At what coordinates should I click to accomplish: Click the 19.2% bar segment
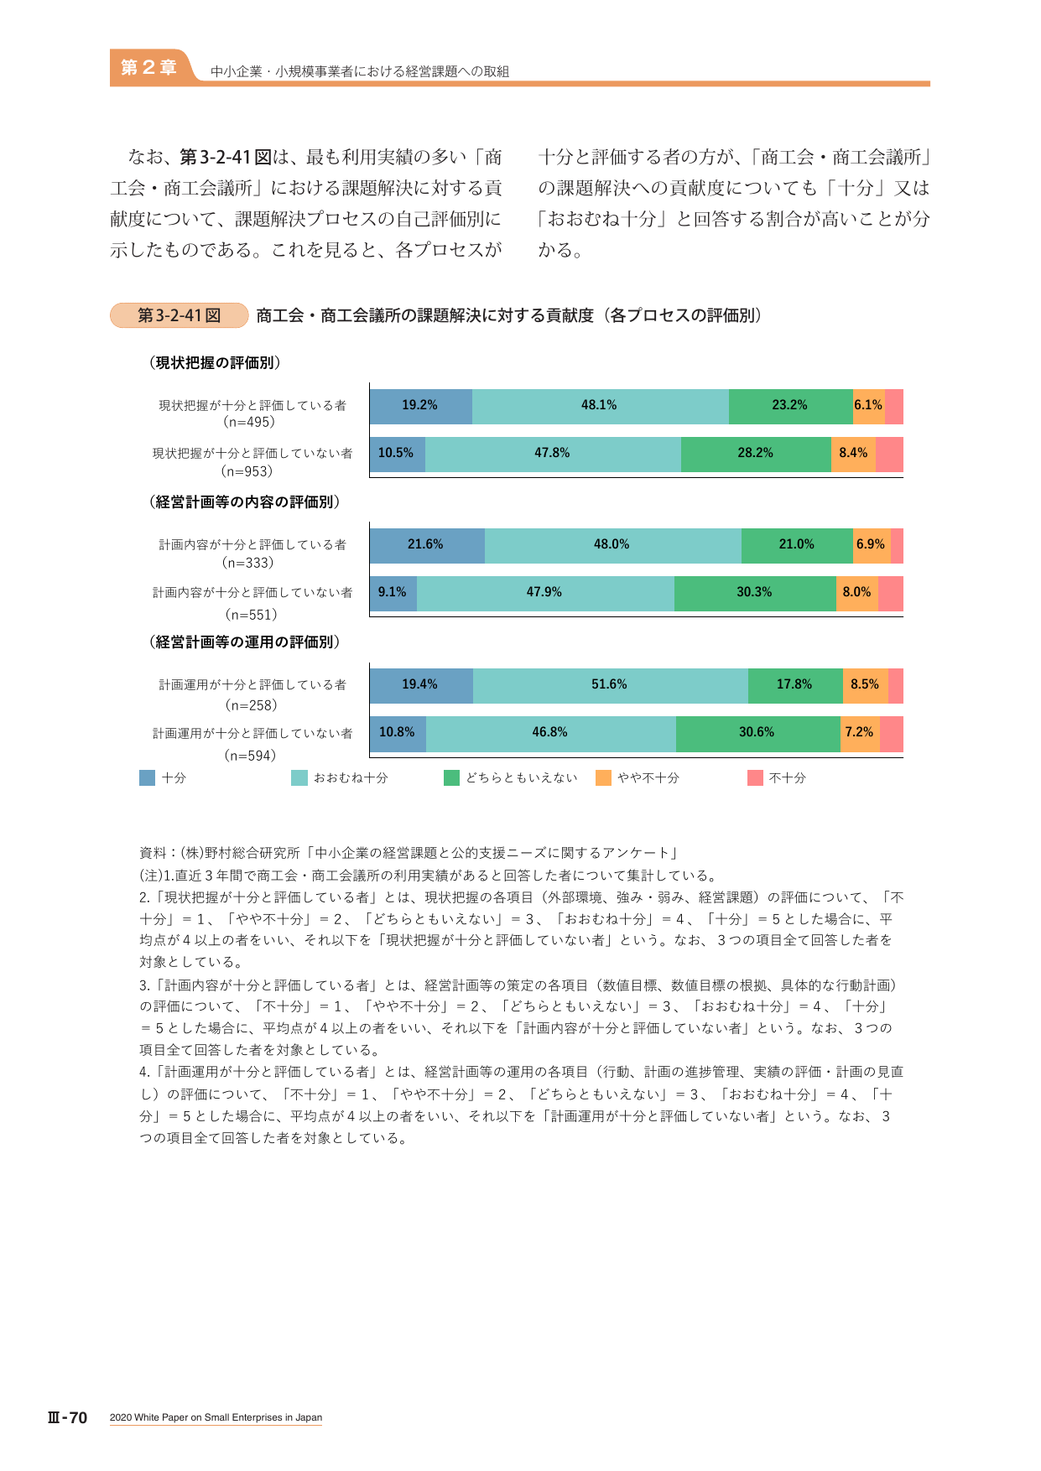[421, 407]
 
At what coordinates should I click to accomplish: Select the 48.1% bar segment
[601, 407]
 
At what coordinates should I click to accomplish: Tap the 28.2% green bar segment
[756, 455]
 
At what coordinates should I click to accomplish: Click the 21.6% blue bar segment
[427, 546]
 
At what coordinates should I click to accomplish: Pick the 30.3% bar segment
[755, 594]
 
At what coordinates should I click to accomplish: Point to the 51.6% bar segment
[611, 686]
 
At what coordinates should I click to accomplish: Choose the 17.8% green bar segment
[795, 686]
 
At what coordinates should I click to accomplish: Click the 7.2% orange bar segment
[860, 734]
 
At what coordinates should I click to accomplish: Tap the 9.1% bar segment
[393, 594]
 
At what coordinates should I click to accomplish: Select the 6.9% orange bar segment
[872, 546]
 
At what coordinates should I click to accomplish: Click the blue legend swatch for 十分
[148, 778]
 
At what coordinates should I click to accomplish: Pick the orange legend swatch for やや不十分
[603, 778]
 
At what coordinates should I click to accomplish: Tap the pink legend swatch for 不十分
[755, 778]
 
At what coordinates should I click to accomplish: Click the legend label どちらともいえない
[522, 778]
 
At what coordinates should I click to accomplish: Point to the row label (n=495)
[249, 423]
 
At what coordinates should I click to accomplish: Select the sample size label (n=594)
[250, 756]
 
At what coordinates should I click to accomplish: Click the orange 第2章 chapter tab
[148, 67]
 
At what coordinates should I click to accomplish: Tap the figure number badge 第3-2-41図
[180, 315]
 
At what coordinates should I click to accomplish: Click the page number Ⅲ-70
[67, 1417]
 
